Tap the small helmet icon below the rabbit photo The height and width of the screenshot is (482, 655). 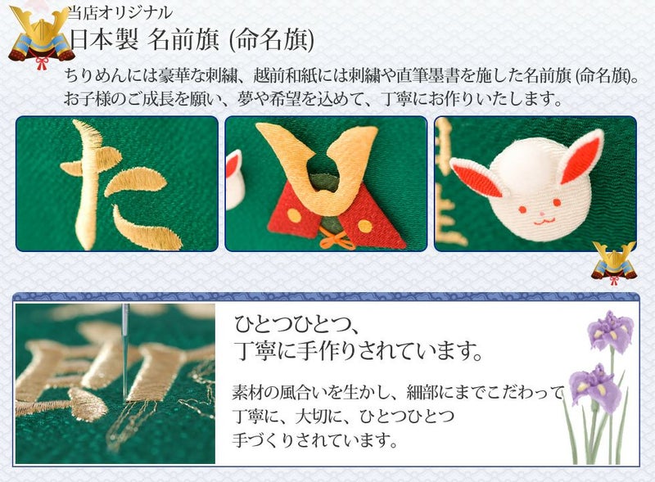pyautogui.click(x=614, y=264)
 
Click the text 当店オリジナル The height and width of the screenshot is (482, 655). pyautogui.click(x=120, y=12)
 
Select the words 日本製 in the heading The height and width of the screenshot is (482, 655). pyautogui.click(x=104, y=41)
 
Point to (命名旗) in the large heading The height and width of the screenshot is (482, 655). pyautogui.click(x=272, y=41)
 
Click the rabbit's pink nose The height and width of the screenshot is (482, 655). pyautogui.click(x=542, y=214)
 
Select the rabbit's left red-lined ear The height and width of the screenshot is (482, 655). pyautogui.click(x=477, y=178)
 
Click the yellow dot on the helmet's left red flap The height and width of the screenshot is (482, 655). pyautogui.click(x=294, y=215)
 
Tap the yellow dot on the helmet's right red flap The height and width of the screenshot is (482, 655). pyautogui.click(x=365, y=226)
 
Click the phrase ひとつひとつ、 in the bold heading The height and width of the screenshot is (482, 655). pyautogui.click(x=296, y=325)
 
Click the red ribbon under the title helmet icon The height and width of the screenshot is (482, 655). pyautogui.click(x=42, y=63)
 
